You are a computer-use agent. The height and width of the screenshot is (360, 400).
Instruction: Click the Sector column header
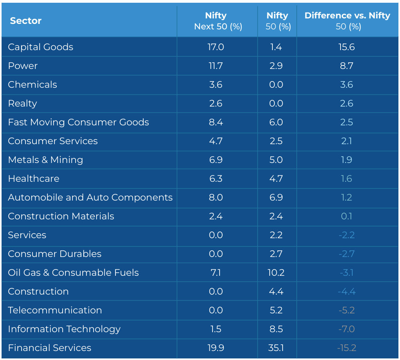pyautogui.click(x=25, y=21)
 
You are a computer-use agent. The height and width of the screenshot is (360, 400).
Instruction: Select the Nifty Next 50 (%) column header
pyautogui.click(x=218, y=21)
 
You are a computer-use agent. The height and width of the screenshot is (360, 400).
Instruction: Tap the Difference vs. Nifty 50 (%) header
pyautogui.click(x=348, y=21)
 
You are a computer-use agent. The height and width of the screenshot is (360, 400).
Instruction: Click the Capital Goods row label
pyautogui.click(x=41, y=47)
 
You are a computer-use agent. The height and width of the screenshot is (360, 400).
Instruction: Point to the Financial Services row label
pyautogui.click(x=49, y=348)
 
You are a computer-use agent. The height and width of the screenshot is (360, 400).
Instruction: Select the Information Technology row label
pyautogui.click(x=64, y=329)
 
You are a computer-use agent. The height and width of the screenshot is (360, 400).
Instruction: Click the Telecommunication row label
pyautogui.click(x=55, y=310)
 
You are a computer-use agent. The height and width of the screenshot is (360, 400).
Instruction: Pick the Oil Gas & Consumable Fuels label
pyautogui.click(x=74, y=273)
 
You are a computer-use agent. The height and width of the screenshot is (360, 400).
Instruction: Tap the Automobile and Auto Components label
pyautogui.click(x=90, y=197)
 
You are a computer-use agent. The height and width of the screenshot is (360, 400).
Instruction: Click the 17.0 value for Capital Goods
pyautogui.click(x=216, y=47)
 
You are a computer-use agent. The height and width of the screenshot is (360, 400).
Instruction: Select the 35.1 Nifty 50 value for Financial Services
pyautogui.click(x=276, y=348)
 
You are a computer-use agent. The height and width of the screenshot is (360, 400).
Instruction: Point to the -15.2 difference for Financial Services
pyautogui.click(x=347, y=348)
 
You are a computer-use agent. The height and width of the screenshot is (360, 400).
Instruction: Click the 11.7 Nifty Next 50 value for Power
pyautogui.click(x=216, y=66)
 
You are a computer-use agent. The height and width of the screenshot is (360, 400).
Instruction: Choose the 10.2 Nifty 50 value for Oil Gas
pyautogui.click(x=276, y=273)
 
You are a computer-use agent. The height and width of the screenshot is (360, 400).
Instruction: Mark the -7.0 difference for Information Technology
pyautogui.click(x=347, y=329)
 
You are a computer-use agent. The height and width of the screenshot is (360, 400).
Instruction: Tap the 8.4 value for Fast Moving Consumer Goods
pyautogui.click(x=216, y=122)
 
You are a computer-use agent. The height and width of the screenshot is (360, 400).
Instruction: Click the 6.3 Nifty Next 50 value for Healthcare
pyautogui.click(x=216, y=179)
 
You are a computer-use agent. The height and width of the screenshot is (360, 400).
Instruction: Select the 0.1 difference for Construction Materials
pyautogui.click(x=347, y=216)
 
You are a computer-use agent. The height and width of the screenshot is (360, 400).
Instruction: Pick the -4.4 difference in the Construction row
pyautogui.click(x=347, y=291)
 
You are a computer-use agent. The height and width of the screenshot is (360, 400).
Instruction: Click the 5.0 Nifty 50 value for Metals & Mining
pyautogui.click(x=276, y=160)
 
